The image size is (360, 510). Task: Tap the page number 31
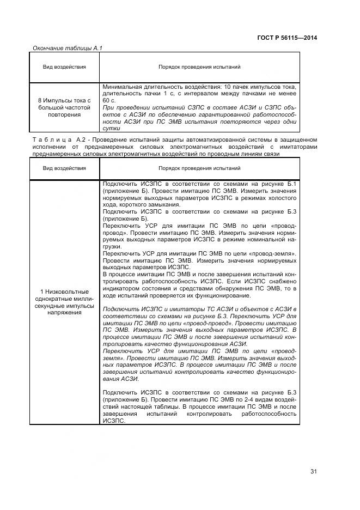314,471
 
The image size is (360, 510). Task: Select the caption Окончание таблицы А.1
68,48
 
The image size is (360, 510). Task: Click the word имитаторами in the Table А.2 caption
298,147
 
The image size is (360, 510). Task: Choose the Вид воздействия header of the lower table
64,168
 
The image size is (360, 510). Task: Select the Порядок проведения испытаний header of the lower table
199,168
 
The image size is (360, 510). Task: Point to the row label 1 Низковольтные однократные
64,293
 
